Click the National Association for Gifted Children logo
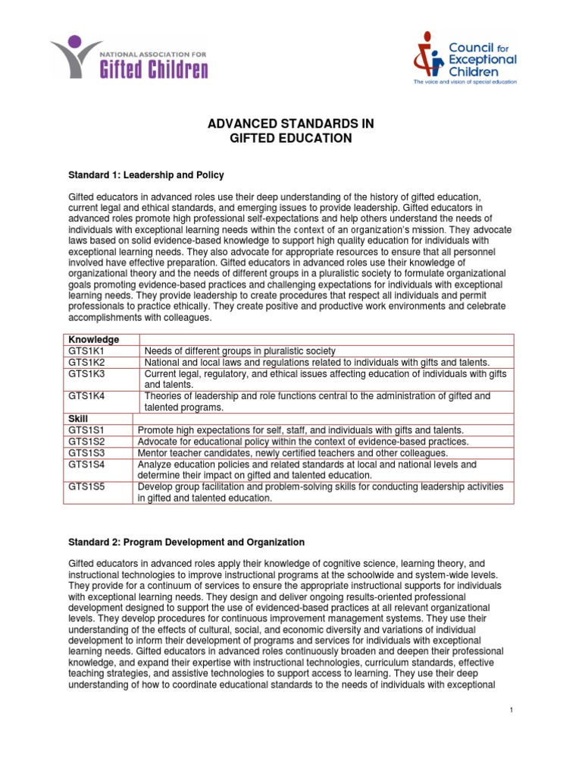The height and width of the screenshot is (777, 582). (x=129, y=58)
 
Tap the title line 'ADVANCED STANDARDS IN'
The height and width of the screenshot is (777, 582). (x=291, y=124)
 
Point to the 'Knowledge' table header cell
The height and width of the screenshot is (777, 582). (x=94, y=339)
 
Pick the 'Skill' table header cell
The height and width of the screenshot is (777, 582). (x=80, y=418)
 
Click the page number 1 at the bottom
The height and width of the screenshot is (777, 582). (x=512, y=709)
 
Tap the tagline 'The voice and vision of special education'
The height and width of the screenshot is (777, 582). (x=465, y=80)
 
